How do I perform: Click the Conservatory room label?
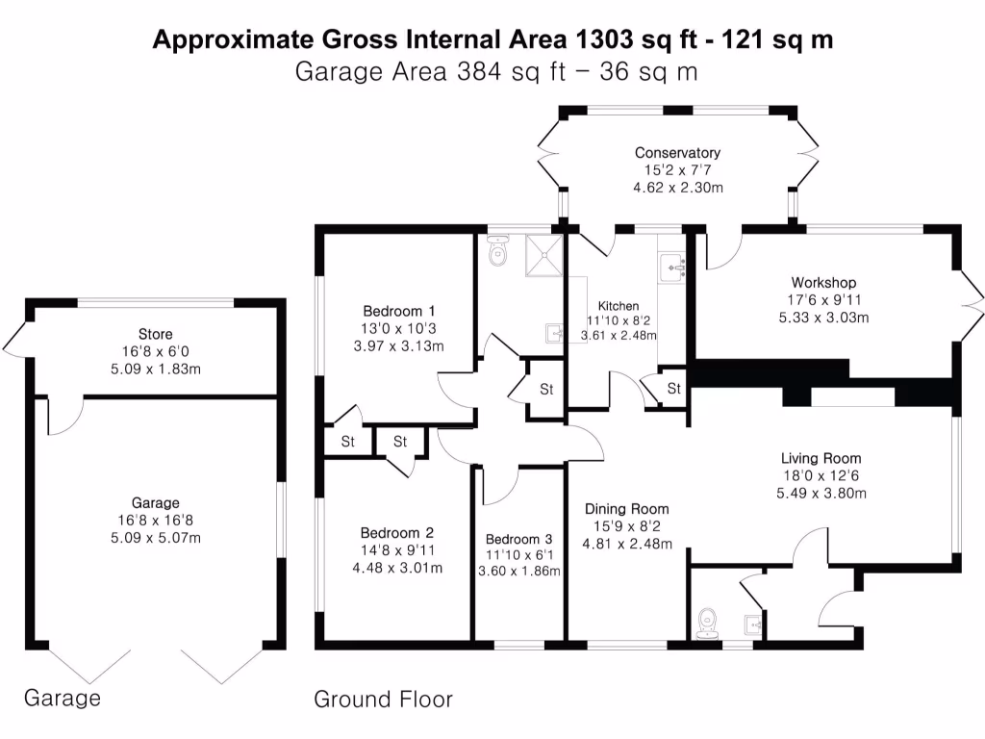click(x=677, y=153)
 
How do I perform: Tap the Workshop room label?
click(x=823, y=283)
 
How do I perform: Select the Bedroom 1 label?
click(x=399, y=311)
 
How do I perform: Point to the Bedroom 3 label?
click(x=519, y=539)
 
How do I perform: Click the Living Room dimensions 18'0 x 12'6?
click(x=821, y=475)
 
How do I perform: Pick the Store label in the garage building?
click(x=155, y=335)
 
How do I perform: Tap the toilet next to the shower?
click(x=498, y=253)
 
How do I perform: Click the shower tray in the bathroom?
click(x=544, y=255)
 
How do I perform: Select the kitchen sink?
click(x=670, y=267)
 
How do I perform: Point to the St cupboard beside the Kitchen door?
click(x=674, y=389)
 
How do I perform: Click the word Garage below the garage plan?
click(x=62, y=698)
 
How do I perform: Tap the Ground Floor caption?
click(x=383, y=699)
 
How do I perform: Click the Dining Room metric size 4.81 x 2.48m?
click(x=626, y=544)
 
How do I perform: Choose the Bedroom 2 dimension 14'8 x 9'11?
click(x=397, y=550)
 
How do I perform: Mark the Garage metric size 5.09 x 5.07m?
click(x=156, y=537)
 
